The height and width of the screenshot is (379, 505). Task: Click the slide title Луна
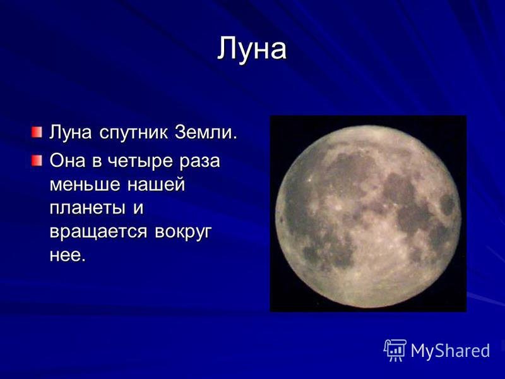click(251, 49)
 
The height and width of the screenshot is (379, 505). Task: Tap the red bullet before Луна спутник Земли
click(37, 132)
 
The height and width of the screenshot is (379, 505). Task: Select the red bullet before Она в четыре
click(37, 160)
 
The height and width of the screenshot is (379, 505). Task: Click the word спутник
click(133, 133)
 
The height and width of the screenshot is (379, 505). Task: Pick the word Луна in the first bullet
click(71, 132)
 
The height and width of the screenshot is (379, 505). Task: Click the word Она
click(68, 160)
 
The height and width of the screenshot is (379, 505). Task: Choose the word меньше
click(85, 184)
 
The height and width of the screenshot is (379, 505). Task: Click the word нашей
click(156, 184)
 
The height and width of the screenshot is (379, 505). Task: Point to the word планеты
click(87, 208)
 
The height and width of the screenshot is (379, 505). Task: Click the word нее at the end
click(68, 256)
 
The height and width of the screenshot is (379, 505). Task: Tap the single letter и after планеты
click(138, 208)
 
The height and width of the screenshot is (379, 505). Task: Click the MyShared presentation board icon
click(395, 351)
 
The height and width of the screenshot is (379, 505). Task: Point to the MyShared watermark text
click(450, 351)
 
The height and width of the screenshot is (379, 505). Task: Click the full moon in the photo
click(368, 217)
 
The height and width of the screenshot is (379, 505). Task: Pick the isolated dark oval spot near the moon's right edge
click(448, 205)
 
